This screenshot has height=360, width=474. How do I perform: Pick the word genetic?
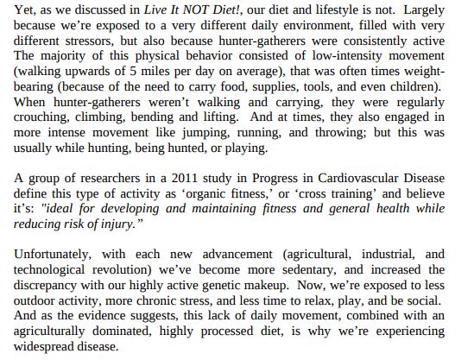click(x=220, y=287)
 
